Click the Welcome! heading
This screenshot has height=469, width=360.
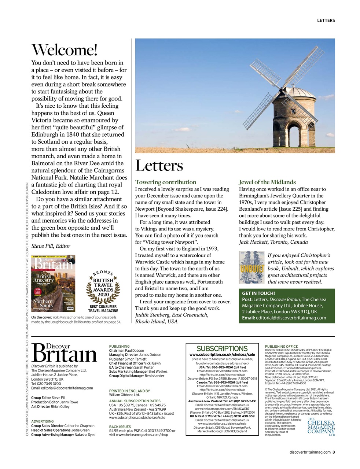coord(65,50)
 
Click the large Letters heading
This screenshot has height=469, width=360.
coord(159,166)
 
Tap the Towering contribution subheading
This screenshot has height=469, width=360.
coord(166,182)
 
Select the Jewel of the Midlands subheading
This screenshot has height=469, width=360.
coord(267,182)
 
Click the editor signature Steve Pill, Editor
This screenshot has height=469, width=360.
coord(51,246)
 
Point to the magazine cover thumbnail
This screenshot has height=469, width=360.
coord(53,284)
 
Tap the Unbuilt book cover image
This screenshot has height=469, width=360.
coord(251,267)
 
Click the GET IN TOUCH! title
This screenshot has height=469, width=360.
coord(258,293)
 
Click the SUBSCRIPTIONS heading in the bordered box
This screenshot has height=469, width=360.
coord(222,348)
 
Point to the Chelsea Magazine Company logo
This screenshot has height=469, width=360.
coord(321,427)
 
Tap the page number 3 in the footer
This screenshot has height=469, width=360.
coord(334,452)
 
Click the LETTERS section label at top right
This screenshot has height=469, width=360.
coord(326,21)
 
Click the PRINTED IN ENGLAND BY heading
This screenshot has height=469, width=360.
coord(129,391)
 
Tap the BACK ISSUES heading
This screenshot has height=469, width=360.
coord(120,426)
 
